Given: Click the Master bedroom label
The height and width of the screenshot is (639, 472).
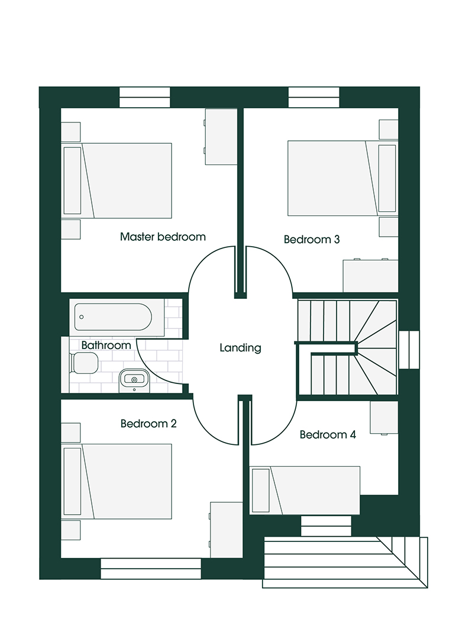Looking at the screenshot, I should (163, 237).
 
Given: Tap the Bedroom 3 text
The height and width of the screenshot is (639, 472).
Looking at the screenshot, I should (311, 240).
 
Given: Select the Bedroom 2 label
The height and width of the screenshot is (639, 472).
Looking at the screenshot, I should (148, 424).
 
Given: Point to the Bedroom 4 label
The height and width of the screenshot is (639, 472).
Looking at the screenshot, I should (327, 435).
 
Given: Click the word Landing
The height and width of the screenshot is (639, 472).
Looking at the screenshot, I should (240, 348).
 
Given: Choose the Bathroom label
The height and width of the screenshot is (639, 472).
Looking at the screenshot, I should (106, 345).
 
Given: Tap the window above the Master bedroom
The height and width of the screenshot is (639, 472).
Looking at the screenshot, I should (144, 98).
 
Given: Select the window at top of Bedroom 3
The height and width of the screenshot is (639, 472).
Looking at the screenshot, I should (314, 98).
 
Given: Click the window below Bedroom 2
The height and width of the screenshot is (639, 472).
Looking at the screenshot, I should (151, 569).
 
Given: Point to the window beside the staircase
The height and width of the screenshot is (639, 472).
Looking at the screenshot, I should (409, 350).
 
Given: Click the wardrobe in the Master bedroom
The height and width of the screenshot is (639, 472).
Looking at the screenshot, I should (221, 137).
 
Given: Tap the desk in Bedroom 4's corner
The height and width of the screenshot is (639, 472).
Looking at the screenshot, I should (384, 417).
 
